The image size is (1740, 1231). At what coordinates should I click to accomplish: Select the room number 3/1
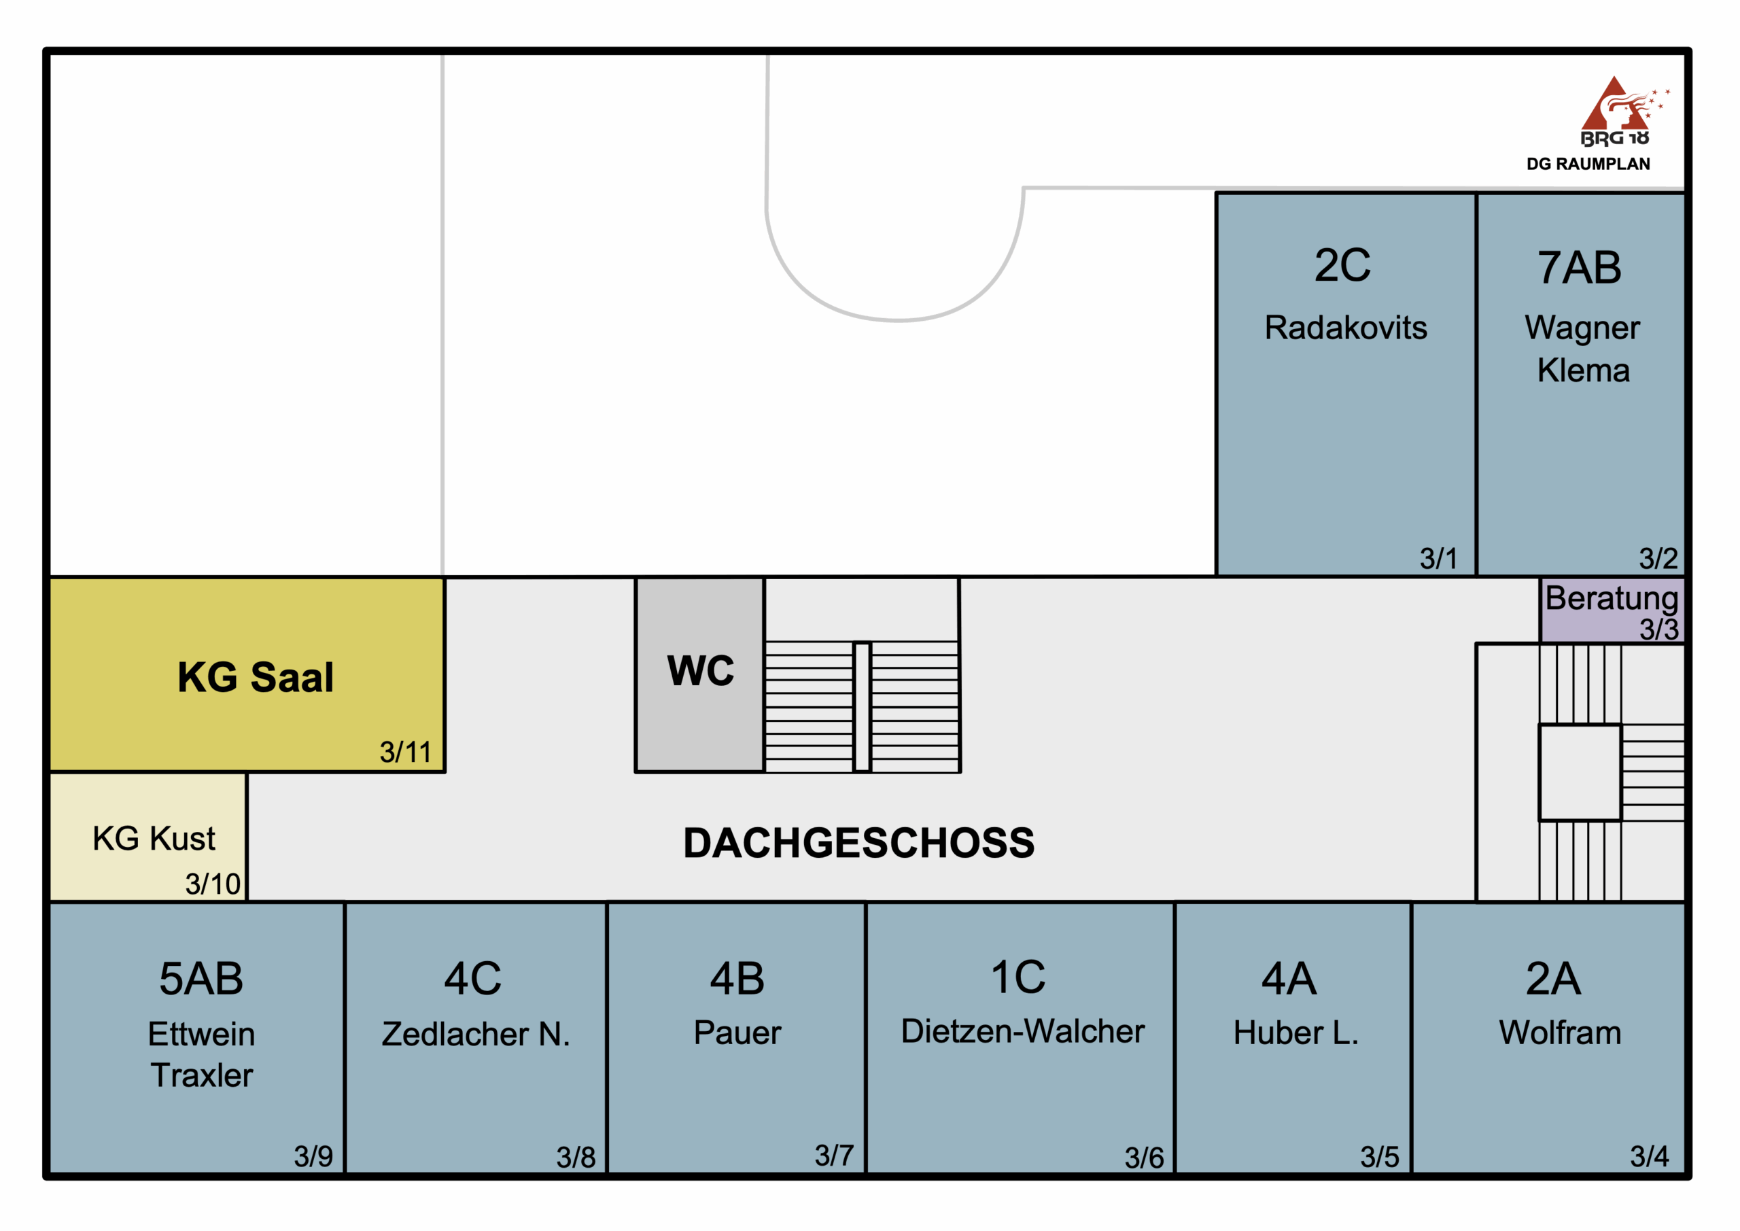coord(1438,559)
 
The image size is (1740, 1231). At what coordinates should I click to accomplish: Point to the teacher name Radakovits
coord(1345,328)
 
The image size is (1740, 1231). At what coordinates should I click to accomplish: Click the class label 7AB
coord(1580,268)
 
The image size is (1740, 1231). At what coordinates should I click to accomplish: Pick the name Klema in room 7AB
coord(1583,370)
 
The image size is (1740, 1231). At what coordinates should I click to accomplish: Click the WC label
coord(700,671)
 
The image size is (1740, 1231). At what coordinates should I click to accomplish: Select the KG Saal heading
coord(256,677)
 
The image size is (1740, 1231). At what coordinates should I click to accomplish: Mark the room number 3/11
coord(406,752)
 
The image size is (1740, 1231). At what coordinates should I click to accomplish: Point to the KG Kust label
coord(154,838)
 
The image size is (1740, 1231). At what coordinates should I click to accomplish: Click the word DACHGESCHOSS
coord(858,843)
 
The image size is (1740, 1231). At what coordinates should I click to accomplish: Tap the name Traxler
coord(202,1075)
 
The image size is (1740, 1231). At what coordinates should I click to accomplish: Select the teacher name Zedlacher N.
coord(475,1034)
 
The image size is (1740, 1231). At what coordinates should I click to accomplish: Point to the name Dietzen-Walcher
coord(1022,1031)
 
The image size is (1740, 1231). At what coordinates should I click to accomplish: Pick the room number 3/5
coord(1379,1158)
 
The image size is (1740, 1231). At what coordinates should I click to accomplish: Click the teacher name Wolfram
coord(1560,1033)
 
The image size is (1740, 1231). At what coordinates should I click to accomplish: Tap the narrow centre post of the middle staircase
coord(862,706)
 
